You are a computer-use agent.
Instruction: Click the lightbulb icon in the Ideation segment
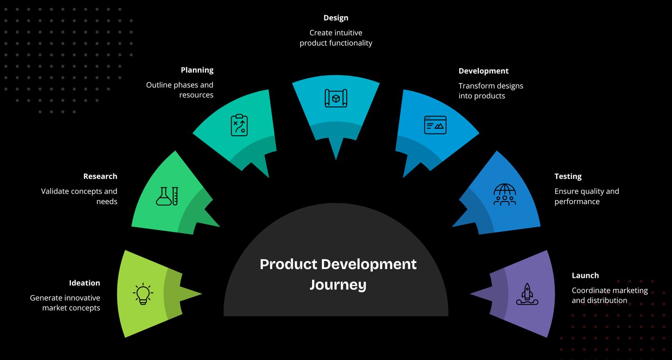point(143,294)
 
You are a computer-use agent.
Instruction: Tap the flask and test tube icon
point(167,196)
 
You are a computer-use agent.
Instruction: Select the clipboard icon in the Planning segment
point(239,125)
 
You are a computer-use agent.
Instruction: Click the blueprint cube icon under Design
point(336,98)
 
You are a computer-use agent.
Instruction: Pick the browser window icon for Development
point(435,125)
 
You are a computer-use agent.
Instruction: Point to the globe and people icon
point(504,195)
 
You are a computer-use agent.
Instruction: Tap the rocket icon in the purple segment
point(527,294)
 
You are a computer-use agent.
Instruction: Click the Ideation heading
point(84,283)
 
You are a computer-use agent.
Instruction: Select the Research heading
point(100,176)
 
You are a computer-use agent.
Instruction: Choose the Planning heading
point(197,70)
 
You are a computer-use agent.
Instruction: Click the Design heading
point(336,18)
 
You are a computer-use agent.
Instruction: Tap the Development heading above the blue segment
point(483,71)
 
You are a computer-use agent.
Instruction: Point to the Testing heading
point(568,176)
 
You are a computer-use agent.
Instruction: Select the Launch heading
point(585,276)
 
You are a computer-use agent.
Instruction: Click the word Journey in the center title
point(338,284)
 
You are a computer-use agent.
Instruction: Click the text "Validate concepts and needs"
point(79,196)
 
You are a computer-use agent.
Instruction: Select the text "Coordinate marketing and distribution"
point(609,295)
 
